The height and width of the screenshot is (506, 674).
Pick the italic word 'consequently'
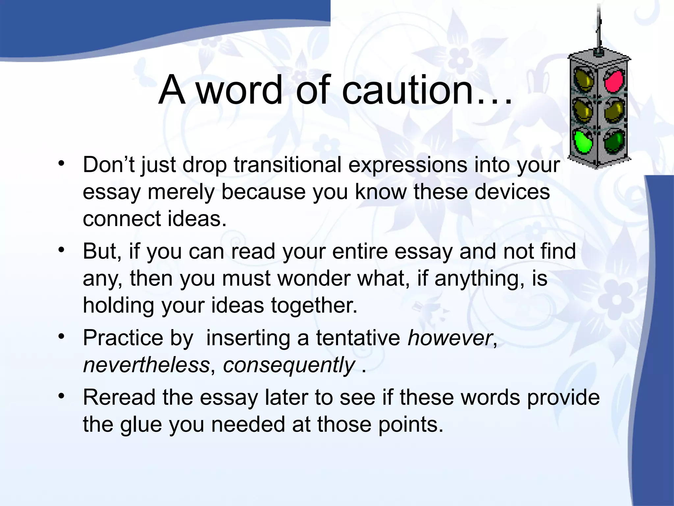tap(289, 365)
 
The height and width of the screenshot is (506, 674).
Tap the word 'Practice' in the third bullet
tap(123, 338)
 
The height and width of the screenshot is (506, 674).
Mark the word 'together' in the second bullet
tap(314, 305)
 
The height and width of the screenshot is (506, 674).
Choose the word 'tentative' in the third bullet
tap(358, 338)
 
